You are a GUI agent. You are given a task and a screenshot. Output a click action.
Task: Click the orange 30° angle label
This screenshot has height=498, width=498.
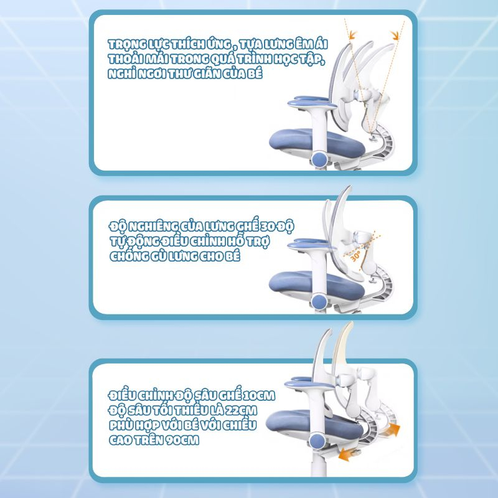click(355, 256)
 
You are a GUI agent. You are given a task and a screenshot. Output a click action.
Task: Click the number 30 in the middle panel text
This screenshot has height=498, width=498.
click(268, 227)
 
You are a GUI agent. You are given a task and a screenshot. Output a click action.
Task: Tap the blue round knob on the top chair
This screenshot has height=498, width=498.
click(319, 158)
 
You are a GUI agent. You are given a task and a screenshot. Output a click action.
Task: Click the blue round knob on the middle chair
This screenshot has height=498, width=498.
click(319, 301)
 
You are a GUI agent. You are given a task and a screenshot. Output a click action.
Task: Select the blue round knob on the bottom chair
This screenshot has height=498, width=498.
click(317, 441)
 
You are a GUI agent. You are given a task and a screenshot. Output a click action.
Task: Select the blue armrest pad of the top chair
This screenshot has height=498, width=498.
click(311, 102)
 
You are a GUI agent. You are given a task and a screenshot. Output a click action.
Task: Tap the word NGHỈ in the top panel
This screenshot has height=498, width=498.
click(122, 74)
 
